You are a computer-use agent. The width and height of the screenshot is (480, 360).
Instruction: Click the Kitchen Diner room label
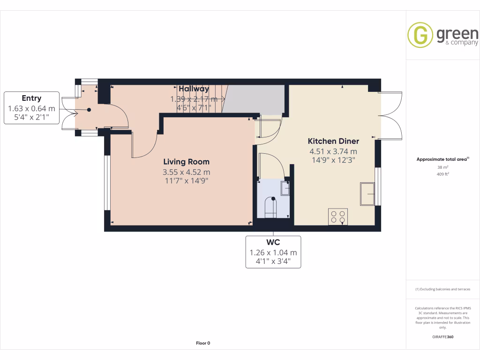pyautogui.click(x=333, y=141)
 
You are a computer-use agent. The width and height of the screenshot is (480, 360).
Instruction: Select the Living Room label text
pyautogui.click(x=186, y=162)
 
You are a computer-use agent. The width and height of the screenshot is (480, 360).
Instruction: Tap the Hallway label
pyautogui.click(x=194, y=89)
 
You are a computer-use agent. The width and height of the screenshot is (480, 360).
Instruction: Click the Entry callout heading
pyautogui.click(x=31, y=98)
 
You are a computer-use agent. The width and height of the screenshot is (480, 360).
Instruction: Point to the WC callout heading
pyautogui.click(x=273, y=242)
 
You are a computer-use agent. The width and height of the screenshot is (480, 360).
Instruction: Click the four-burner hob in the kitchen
pyautogui.click(x=337, y=217)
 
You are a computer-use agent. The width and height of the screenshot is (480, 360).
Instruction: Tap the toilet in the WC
pyautogui.click(x=271, y=208)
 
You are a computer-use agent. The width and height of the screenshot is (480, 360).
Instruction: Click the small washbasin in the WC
pyautogui.click(x=285, y=188)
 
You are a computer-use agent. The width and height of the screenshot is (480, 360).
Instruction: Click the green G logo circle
pyautogui.click(x=420, y=35)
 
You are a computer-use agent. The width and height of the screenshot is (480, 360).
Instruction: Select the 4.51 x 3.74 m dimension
pyautogui.click(x=333, y=151)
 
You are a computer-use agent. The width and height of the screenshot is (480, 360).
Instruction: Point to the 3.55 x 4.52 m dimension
pyautogui.click(x=186, y=172)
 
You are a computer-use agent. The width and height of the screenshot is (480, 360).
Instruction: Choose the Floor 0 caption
pyautogui.click(x=203, y=343)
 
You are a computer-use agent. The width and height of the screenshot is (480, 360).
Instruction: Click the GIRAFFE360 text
pyautogui.click(x=443, y=337)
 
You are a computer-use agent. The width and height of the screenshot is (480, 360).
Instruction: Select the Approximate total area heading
pyautogui.click(x=442, y=159)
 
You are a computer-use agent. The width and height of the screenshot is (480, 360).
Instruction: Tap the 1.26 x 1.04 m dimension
pyautogui.click(x=273, y=253)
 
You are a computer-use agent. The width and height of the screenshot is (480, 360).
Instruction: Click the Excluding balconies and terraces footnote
pyautogui.click(x=442, y=289)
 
